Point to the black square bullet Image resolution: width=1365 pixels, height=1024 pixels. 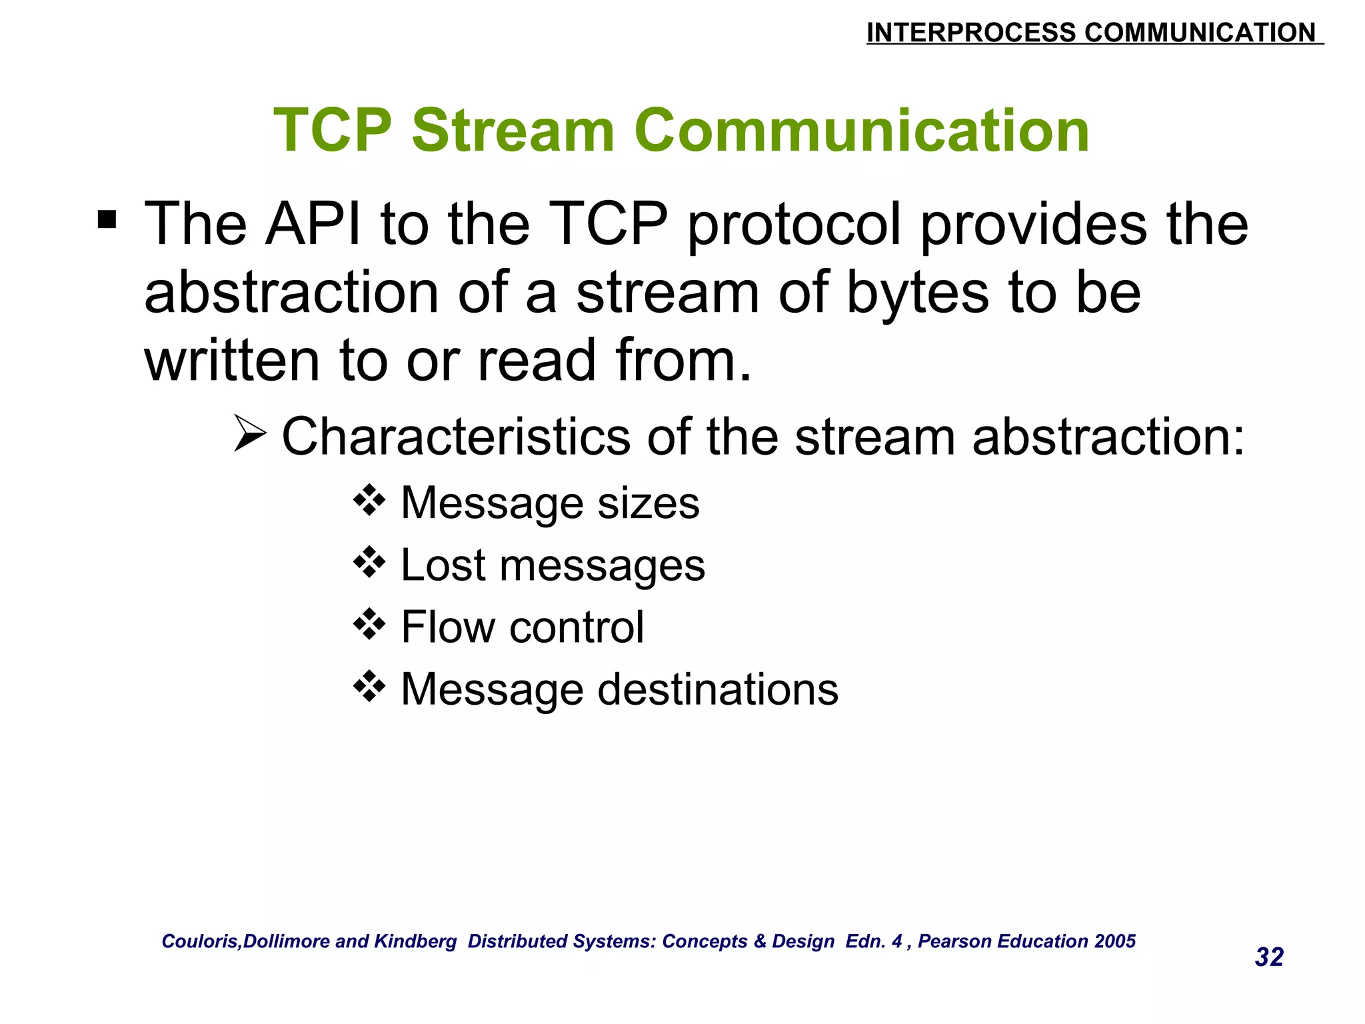pyautogui.click(x=107, y=219)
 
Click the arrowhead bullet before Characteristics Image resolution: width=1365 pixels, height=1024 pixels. pyautogui.click(x=250, y=433)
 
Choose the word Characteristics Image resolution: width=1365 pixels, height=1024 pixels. pyautogui.click(x=456, y=437)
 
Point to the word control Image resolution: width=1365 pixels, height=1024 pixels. pyautogui.click(x=577, y=627)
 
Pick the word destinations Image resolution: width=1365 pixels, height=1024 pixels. pyautogui.click(x=718, y=689)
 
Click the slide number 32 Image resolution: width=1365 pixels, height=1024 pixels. pyautogui.click(x=1269, y=957)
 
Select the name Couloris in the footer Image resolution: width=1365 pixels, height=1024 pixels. pyautogui.click(x=200, y=941)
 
